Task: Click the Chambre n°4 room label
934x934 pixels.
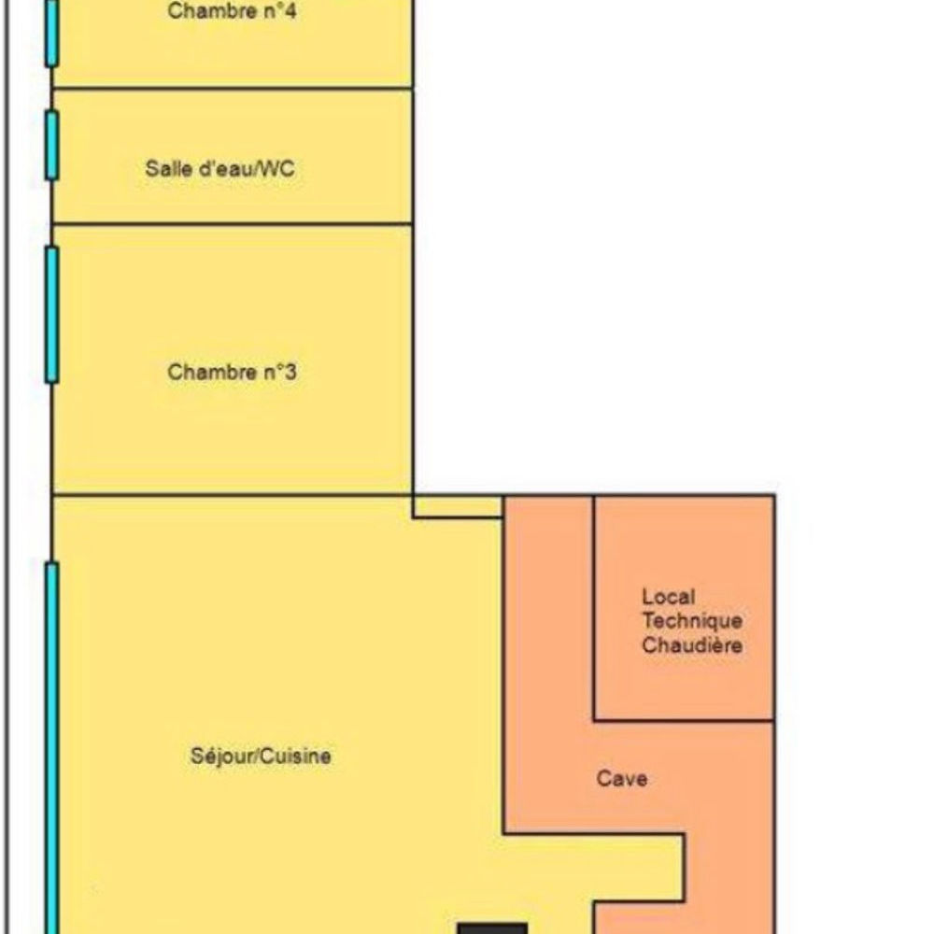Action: tap(233, 13)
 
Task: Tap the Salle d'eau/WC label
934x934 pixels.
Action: tap(225, 169)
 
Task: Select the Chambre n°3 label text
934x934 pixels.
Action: tap(233, 372)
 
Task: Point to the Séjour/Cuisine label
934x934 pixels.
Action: tap(261, 756)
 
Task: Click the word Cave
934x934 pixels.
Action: tap(621, 778)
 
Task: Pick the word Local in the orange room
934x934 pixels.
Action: tap(668, 597)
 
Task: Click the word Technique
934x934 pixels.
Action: tap(692, 621)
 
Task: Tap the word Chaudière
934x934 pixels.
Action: tap(692, 645)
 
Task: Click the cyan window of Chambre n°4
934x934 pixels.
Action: tap(52, 33)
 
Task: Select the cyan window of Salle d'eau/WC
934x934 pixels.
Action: tap(52, 145)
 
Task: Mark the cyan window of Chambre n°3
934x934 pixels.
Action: tap(52, 314)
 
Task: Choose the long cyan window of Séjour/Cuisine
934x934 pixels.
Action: tap(52, 747)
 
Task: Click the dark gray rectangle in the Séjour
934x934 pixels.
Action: tap(492, 928)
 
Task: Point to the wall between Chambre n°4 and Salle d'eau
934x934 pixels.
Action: tap(233, 89)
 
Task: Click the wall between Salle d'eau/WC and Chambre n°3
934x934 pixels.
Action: tap(233, 224)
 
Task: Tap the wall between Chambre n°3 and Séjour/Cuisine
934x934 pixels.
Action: tap(233, 494)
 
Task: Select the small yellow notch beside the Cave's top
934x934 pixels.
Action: tap(458, 506)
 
